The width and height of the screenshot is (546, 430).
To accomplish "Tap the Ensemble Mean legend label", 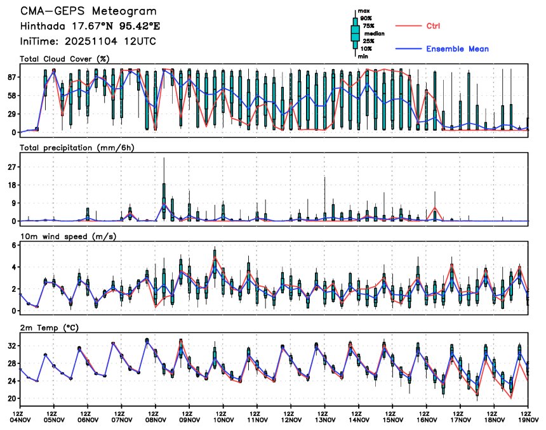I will click(x=457, y=49).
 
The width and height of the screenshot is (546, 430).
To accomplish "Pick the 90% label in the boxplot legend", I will click(x=366, y=18).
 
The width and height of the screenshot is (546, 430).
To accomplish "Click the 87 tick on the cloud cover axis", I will click(x=11, y=77).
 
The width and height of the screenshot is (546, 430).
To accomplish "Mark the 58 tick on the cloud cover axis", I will click(x=11, y=95).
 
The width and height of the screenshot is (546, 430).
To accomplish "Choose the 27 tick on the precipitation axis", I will click(x=11, y=167).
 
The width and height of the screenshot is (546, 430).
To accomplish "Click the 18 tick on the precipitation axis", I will click(x=11, y=185).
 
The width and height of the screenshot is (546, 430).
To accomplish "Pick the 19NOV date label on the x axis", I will click(x=528, y=420).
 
